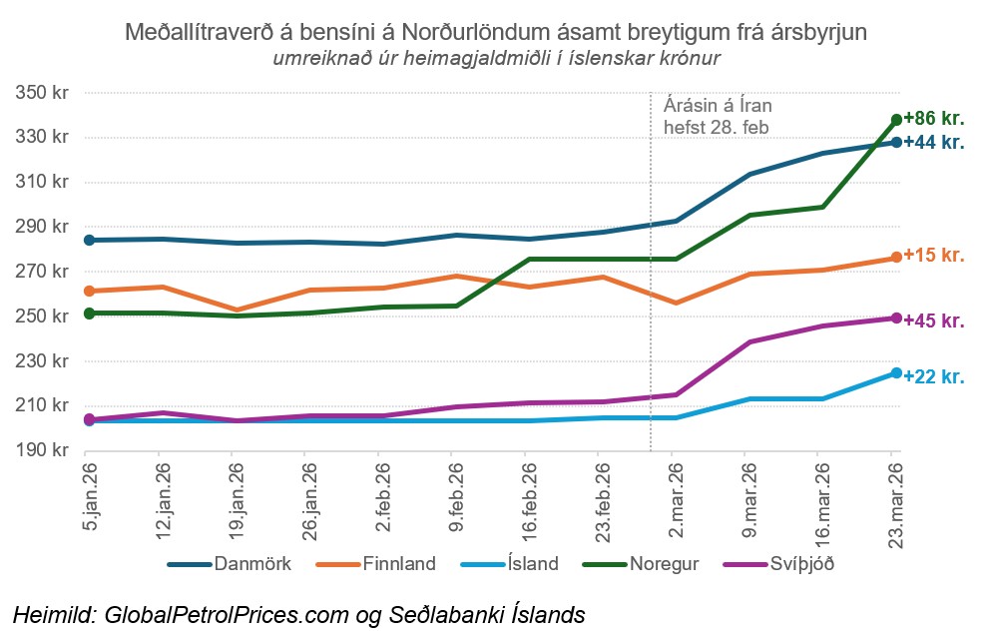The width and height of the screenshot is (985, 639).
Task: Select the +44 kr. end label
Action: click(x=933, y=143)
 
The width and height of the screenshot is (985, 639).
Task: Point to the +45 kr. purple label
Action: click(x=933, y=320)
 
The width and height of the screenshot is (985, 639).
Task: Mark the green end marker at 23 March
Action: click(x=896, y=120)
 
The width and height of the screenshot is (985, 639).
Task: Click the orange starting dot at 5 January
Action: click(x=89, y=291)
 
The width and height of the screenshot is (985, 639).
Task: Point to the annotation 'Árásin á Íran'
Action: click(x=718, y=105)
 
